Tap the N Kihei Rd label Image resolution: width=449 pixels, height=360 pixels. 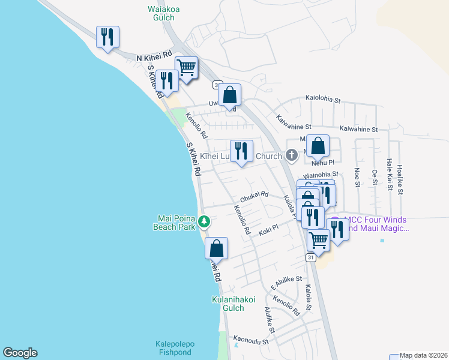154,56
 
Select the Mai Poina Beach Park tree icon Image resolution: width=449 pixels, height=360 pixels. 204,222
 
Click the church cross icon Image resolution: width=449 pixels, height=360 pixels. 292,156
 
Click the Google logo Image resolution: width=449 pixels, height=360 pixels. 20,353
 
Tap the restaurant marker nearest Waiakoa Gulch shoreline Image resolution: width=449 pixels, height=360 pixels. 107,37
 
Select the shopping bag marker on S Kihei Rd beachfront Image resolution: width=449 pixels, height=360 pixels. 216,248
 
